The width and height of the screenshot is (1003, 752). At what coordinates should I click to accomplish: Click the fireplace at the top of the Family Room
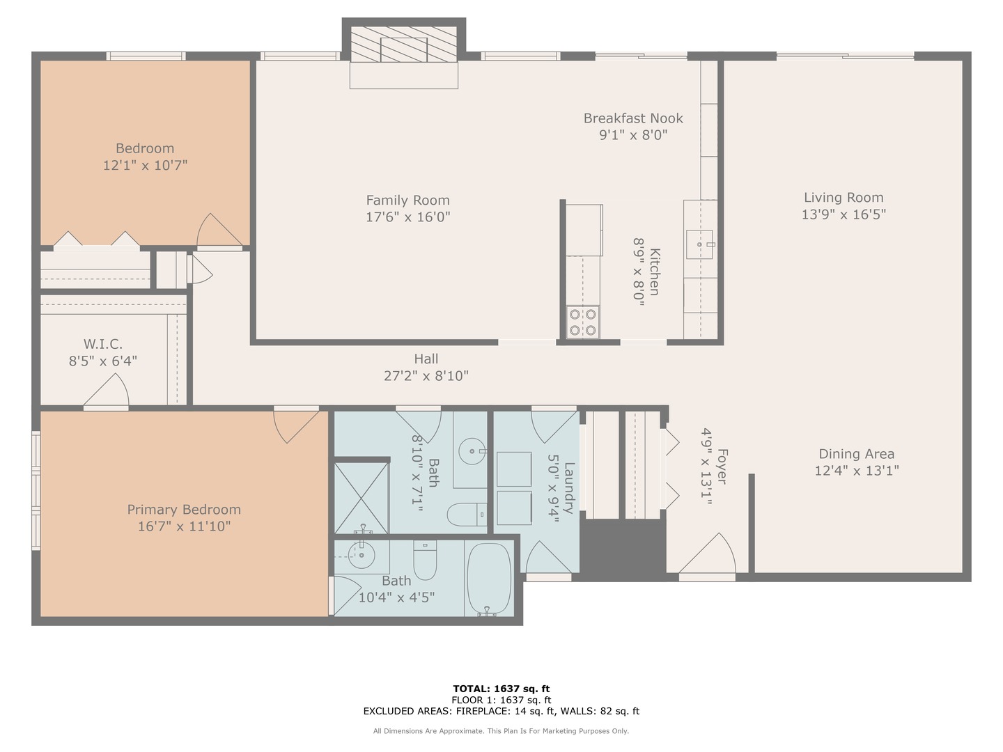(403, 47)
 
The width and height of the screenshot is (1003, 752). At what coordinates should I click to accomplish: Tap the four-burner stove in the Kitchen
(582, 322)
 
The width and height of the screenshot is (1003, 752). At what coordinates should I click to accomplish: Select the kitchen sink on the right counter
(699, 244)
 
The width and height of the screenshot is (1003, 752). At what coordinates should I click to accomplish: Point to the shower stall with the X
(361, 497)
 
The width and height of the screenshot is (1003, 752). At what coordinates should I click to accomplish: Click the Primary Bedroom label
(184, 510)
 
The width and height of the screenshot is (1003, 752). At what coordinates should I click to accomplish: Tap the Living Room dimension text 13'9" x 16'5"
(843, 214)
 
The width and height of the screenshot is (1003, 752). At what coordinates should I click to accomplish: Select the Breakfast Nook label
(633, 118)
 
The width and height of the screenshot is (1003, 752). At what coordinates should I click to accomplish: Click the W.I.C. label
(103, 344)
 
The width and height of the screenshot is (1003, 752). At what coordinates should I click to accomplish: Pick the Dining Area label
(856, 454)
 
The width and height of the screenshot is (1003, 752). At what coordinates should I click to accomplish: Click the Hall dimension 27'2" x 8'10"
(426, 376)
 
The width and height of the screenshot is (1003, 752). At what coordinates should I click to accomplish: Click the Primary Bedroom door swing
(298, 425)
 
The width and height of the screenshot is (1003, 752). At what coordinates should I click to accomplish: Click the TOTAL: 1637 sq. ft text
(501, 689)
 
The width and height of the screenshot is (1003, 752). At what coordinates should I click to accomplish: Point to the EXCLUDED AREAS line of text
(501, 711)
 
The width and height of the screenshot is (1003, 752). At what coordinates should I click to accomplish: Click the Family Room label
(407, 201)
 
